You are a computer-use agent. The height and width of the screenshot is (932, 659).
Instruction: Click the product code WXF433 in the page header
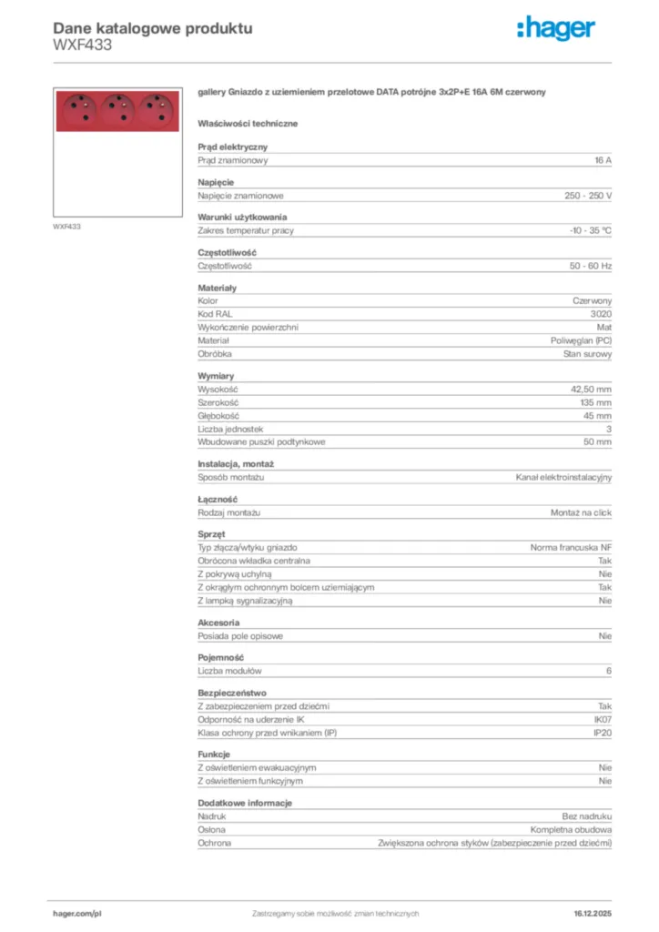tap(83, 44)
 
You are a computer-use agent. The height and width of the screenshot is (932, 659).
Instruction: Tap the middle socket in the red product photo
tap(117, 110)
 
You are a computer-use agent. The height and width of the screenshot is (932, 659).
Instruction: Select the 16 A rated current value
tap(603, 160)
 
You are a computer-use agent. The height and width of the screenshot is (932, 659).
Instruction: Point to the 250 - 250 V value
tap(588, 196)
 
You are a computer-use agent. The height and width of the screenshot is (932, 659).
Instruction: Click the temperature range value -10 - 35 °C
tap(591, 231)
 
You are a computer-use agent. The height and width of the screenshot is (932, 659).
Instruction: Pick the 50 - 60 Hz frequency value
tap(591, 266)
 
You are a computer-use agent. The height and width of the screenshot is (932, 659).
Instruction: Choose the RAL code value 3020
tap(601, 314)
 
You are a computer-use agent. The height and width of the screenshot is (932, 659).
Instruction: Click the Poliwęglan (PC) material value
tap(581, 340)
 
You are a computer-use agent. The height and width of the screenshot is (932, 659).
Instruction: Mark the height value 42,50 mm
tap(591, 390)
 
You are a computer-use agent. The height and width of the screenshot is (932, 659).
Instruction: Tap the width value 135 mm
tap(596, 402)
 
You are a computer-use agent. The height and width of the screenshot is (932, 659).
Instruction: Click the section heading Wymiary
tap(216, 376)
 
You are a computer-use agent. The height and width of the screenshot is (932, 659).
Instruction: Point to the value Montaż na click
tap(581, 512)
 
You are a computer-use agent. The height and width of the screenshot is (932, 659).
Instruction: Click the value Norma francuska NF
tap(571, 548)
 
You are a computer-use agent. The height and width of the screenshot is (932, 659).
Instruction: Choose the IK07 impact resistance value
tap(603, 720)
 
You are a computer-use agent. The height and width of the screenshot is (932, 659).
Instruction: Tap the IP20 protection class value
tap(603, 733)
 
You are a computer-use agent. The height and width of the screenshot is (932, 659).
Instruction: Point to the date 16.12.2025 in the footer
tap(593, 913)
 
